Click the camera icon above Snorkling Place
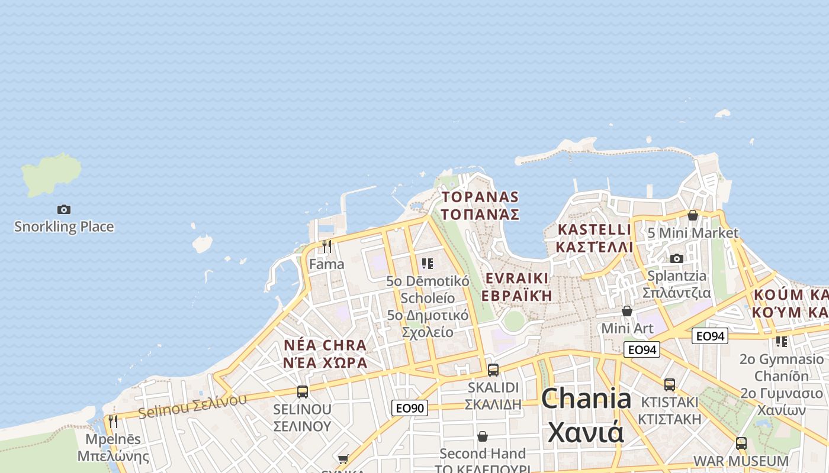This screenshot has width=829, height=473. (64, 209)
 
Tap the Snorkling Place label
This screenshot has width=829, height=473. (64, 226)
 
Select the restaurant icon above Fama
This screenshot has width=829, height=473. (327, 246)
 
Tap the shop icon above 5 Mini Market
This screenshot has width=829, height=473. (692, 215)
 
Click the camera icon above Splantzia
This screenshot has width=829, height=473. (677, 258)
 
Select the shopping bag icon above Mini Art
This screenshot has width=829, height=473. (627, 311)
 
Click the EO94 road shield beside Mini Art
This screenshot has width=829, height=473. (642, 349)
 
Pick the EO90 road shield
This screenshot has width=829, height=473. (409, 408)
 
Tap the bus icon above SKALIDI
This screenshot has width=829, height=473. (493, 370)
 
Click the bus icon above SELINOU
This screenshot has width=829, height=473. (303, 391)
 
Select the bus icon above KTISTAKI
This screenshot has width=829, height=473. (670, 384)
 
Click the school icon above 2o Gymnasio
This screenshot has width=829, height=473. (782, 341)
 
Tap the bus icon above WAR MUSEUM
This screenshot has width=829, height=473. (741, 443)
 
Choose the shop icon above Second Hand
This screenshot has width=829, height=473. (483, 436)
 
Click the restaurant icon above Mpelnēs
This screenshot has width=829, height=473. (113, 421)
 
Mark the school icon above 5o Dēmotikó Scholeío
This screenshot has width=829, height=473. (428, 263)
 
